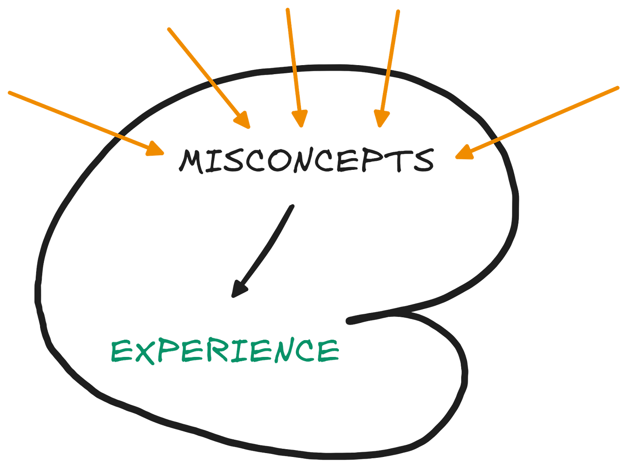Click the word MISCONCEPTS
tap(306, 161)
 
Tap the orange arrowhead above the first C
tap(243, 121)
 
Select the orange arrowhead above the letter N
tap(300, 119)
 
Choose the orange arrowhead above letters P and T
tap(381, 119)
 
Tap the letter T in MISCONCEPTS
tap(402, 161)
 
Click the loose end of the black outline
tap(350, 320)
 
